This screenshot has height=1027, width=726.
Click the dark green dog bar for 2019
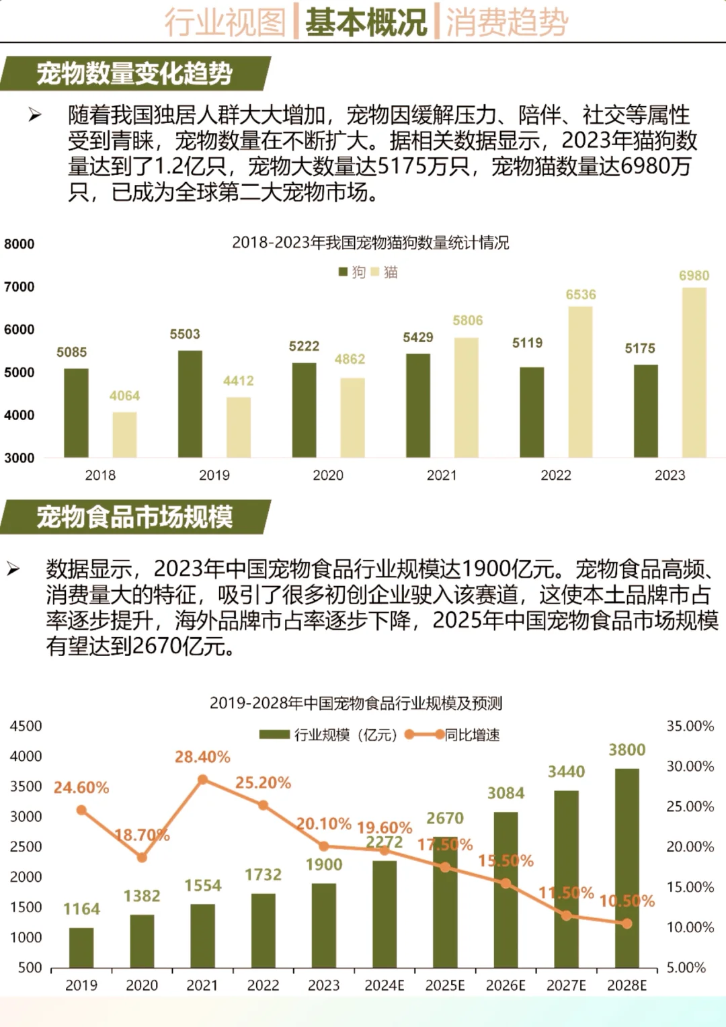190,404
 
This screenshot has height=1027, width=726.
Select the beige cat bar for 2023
694,373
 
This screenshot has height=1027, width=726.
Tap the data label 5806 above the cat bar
467,321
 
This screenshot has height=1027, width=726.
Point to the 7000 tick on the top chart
19,287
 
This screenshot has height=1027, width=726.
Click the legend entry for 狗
352,272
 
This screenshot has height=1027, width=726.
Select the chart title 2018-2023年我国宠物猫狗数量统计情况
370,243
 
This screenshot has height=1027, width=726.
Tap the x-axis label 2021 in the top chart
442,475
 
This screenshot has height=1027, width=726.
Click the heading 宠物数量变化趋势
134,73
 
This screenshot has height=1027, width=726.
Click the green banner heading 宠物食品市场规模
134,517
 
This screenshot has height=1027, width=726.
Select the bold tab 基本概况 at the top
366,22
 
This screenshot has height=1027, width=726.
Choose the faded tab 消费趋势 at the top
507,22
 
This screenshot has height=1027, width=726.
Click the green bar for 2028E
627,867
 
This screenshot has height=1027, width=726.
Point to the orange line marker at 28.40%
202,780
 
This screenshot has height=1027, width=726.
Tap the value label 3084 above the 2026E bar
506,793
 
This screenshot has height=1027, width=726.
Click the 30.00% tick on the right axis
690,766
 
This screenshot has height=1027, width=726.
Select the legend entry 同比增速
471,735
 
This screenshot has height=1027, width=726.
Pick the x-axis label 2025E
445,985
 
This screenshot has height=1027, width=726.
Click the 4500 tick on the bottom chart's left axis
26,726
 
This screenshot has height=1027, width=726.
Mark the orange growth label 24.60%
81,788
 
